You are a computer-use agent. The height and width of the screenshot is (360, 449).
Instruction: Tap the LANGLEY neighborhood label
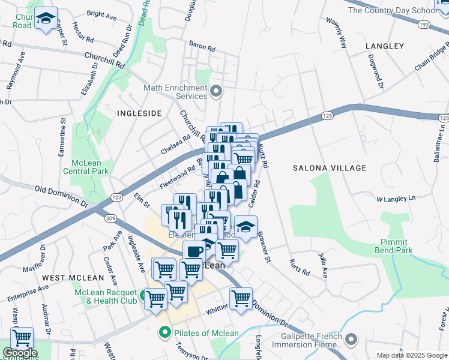[384, 46]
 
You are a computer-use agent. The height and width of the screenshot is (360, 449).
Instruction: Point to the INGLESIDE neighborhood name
[139, 113]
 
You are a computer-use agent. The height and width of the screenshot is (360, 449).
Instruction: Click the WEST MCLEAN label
[65, 278]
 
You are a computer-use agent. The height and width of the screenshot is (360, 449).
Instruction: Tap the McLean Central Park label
[89, 167]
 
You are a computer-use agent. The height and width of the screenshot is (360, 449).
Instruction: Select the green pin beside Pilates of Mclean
[163, 332]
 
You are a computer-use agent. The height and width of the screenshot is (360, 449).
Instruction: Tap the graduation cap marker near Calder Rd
[246, 227]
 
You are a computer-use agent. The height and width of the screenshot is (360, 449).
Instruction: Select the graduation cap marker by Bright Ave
[46, 19]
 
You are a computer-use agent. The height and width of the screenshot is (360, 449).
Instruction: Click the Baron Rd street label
[202, 46]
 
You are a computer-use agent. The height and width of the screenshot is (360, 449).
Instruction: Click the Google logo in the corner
[20, 353]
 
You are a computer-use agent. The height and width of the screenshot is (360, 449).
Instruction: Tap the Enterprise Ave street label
[28, 293]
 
